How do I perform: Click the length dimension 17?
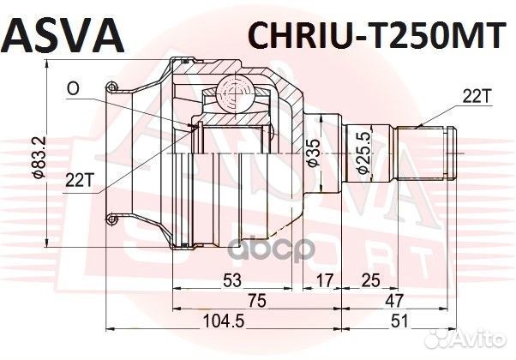[x=324, y=279]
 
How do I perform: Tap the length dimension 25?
[x=369, y=279]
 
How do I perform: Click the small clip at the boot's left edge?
[x=111, y=86]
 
